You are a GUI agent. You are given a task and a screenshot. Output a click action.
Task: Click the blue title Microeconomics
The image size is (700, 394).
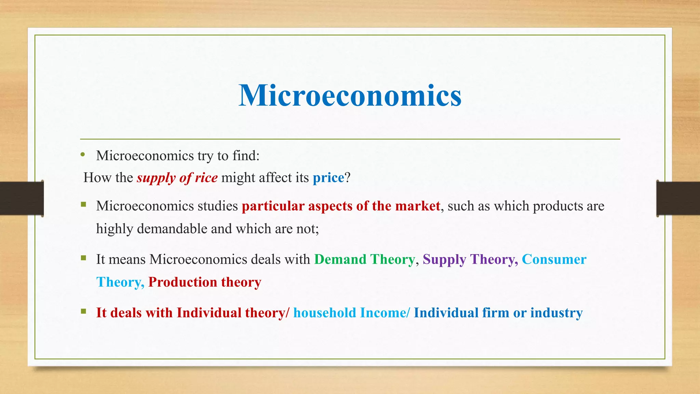350,95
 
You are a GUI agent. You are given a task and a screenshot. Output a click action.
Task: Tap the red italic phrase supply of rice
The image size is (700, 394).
177,178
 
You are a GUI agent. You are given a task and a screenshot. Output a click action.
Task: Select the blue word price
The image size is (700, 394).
328,178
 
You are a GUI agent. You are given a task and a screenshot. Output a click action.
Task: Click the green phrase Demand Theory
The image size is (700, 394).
364,260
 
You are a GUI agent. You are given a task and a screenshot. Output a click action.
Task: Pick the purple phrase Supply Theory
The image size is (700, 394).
470,260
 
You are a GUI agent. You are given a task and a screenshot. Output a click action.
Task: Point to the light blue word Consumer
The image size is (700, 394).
554,260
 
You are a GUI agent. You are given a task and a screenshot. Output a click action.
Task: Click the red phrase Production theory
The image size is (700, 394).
205,282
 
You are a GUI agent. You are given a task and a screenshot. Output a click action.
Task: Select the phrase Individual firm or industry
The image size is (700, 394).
498,313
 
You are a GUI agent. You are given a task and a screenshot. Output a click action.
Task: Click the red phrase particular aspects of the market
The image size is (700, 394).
341,206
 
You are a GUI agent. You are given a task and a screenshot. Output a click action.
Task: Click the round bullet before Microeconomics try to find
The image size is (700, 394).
83,155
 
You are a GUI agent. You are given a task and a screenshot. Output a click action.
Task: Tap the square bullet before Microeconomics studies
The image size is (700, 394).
83,205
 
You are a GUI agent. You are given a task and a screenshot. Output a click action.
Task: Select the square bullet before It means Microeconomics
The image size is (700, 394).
83,258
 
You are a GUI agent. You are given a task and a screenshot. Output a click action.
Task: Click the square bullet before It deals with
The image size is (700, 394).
83,311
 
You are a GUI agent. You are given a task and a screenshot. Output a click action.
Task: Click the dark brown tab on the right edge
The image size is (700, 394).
678,198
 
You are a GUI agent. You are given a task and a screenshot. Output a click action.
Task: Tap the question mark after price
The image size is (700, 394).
348,178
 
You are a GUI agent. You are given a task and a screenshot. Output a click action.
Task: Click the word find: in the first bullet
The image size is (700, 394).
246,156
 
